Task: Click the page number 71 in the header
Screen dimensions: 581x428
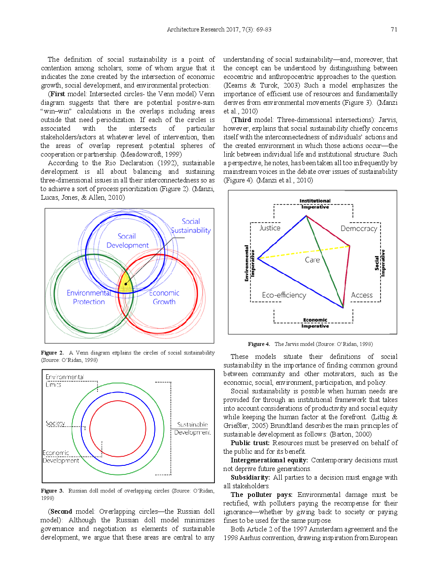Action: [393, 29]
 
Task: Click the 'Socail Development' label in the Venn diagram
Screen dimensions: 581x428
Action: [127, 241]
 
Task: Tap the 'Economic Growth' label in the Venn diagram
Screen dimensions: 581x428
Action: [164, 297]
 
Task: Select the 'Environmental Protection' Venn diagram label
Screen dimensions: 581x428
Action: [88, 297]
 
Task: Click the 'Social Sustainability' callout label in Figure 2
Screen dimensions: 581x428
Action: [191, 226]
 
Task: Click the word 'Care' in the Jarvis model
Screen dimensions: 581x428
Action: [312, 260]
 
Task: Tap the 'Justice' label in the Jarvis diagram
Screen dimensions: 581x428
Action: [270, 228]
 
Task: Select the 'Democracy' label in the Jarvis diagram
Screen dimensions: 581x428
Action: [359, 228]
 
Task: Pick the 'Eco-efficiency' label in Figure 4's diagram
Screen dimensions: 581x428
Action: [284, 295]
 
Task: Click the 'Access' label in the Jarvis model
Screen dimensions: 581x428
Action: [362, 295]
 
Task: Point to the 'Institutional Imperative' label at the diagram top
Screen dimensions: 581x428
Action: [315, 204]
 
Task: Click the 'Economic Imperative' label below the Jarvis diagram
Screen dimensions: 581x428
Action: [315, 323]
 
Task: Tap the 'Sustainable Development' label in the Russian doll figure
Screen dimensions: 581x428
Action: [192, 428]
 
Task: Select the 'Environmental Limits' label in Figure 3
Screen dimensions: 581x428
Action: [64, 380]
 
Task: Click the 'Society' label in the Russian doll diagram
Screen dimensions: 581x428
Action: [55, 423]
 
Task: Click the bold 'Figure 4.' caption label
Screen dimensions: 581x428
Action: [259, 344]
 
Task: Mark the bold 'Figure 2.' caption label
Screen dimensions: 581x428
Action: [52, 353]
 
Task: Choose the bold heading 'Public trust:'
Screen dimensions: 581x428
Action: [250, 443]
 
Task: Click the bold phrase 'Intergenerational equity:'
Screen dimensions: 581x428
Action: [269, 460]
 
